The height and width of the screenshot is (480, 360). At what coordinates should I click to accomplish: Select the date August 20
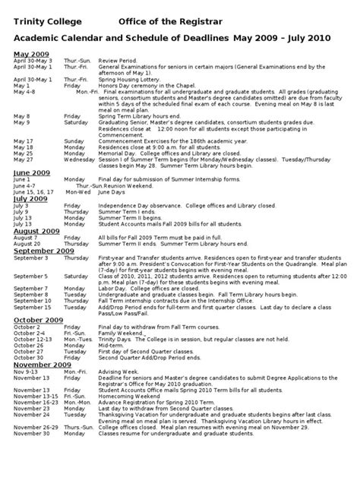tap(28, 264)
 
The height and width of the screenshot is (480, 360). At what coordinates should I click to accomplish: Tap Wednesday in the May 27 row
tap(80, 181)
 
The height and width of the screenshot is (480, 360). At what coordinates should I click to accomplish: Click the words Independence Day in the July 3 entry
tap(120, 227)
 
